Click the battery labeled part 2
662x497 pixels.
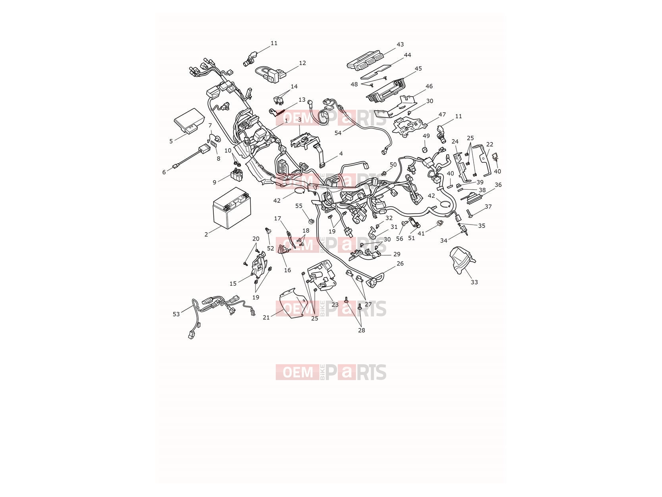click(232, 208)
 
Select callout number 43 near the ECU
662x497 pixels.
click(400, 45)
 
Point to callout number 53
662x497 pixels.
click(176, 314)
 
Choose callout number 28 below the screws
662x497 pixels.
click(361, 330)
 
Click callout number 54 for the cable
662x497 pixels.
click(338, 133)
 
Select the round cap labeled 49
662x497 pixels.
click(426, 150)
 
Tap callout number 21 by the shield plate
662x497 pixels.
click(266, 317)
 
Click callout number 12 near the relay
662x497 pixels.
click(302, 63)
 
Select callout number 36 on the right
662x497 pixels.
click(498, 184)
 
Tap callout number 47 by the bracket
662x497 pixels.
click(442, 115)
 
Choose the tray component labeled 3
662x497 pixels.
click(305, 140)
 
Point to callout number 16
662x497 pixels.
click(287, 270)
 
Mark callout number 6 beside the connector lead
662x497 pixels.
click(164, 172)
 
